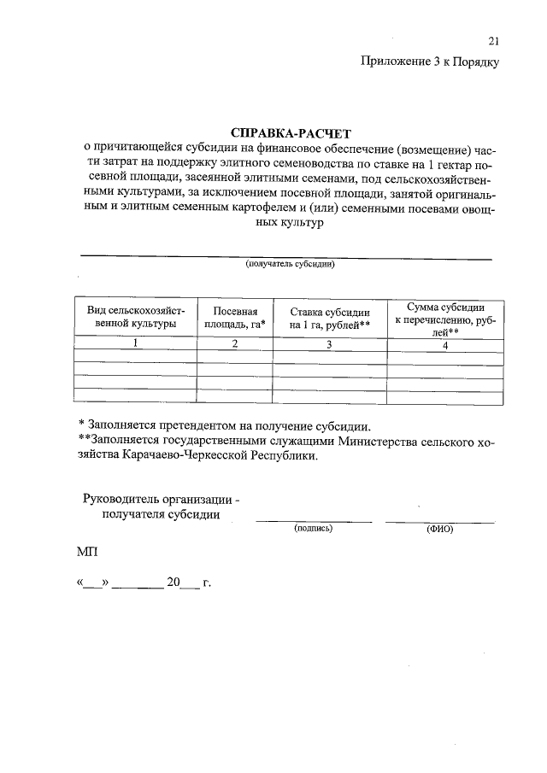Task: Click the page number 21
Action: pos(493,41)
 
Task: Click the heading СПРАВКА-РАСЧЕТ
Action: pos(291,133)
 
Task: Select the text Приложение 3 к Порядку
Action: pos(430,61)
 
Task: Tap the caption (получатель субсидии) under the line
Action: pos(289,264)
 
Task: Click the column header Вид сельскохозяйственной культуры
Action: pos(136,318)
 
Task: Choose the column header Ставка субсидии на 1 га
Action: pos(329,318)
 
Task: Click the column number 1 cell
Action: pos(135,343)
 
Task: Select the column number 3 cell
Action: pos(329,343)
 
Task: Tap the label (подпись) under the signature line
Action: pos(313,529)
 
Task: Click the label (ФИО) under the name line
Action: pos(439,529)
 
